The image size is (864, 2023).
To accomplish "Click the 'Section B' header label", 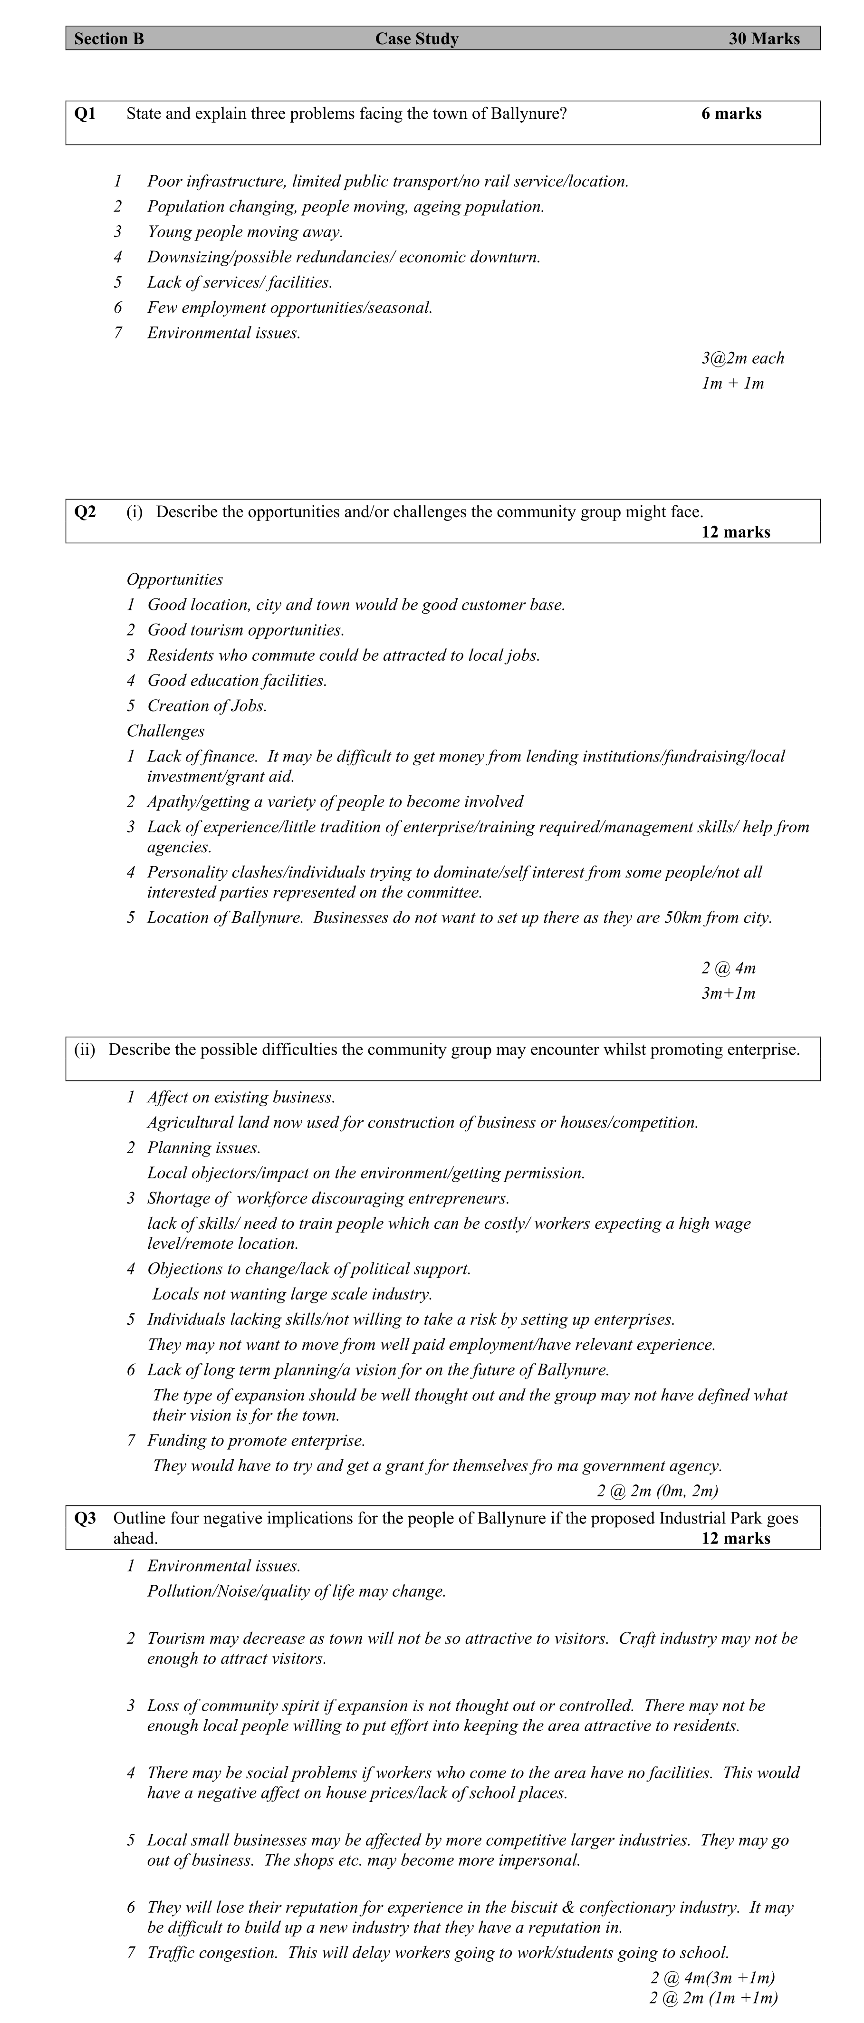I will (109, 39).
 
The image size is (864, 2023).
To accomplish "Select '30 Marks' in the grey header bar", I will (763, 39).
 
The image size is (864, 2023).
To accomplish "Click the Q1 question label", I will (85, 114).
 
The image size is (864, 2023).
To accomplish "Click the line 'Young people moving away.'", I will (245, 231).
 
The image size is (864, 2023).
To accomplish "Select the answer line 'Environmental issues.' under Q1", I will (224, 333).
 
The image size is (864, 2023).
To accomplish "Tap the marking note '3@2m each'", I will (742, 358).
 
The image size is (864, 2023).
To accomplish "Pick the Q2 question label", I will (85, 512).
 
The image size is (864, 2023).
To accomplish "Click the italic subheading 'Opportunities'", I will (174, 579).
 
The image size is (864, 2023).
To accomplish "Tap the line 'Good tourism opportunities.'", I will (246, 630).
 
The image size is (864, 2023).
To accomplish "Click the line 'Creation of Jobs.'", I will (207, 706).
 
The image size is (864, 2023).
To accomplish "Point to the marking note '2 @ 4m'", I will (728, 968).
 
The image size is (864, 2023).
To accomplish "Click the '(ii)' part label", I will (84, 1050).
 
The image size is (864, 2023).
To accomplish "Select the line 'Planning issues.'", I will (204, 1148).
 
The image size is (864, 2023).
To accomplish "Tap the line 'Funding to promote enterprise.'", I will (256, 1441).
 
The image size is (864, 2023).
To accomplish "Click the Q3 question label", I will (85, 1519).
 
